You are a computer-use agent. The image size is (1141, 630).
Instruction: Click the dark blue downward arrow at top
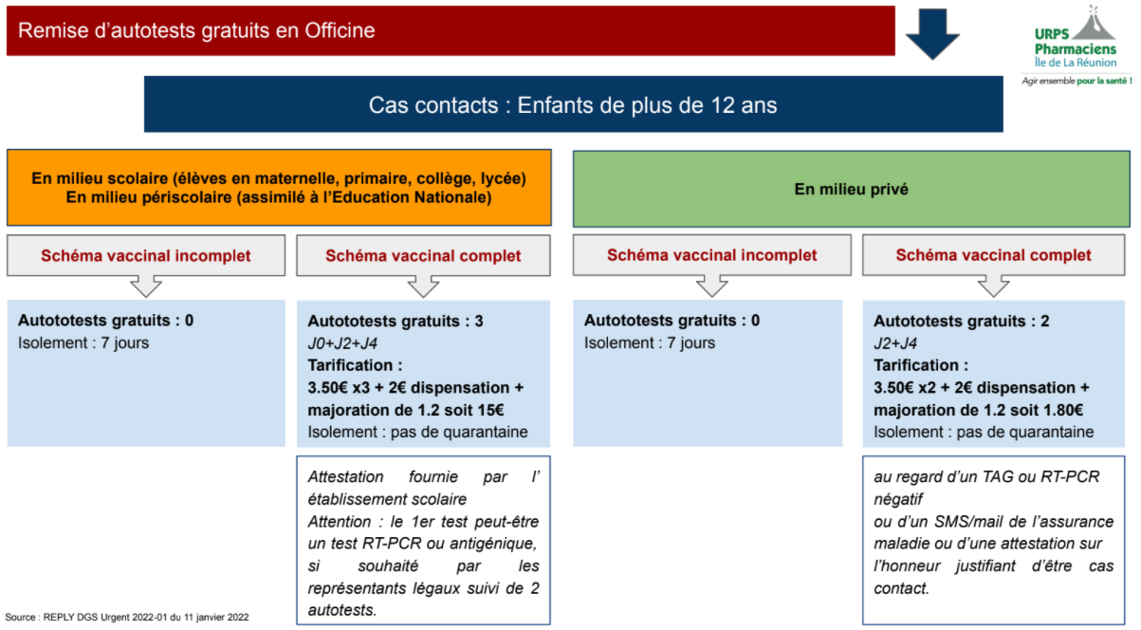tap(933, 33)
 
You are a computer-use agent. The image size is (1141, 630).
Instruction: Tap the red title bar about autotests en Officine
tap(451, 31)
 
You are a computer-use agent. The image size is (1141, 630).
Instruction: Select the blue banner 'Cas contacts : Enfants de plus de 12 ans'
tap(573, 104)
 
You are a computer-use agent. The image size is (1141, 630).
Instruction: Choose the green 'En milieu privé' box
tap(851, 189)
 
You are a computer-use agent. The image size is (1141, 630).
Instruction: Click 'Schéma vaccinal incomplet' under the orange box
tap(145, 255)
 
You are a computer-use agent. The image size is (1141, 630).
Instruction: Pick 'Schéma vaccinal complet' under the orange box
tap(423, 255)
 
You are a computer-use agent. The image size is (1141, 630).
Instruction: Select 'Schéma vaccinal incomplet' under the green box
tap(711, 255)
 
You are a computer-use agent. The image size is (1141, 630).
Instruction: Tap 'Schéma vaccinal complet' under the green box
tap(993, 255)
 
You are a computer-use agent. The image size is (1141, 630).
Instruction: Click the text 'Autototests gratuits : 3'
tap(395, 322)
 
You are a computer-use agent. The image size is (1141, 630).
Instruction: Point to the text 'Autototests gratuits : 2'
tap(961, 322)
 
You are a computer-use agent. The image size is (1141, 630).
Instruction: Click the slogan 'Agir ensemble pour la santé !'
tap(1077, 81)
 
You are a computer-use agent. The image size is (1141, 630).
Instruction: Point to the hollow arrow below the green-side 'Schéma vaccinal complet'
tap(993, 286)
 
